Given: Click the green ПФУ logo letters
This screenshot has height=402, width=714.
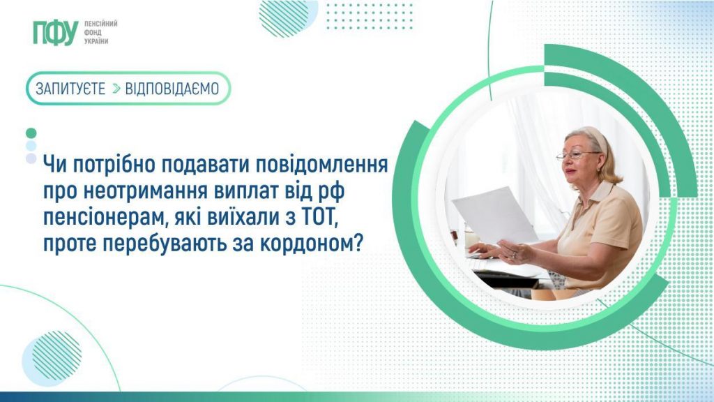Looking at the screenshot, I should click(x=54, y=32).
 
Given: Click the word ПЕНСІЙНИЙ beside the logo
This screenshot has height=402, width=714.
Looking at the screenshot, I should click(x=100, y=23).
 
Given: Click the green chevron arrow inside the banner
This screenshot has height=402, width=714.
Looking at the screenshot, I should click(x=116, y=89).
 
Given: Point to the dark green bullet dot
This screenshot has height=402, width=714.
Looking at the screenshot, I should click(x=31, y=133).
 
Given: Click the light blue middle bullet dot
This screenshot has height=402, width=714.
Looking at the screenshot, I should click(x=31, y=146).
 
